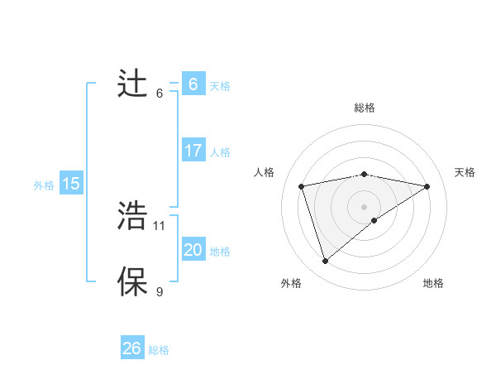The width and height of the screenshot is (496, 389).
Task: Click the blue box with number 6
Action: [193, 84]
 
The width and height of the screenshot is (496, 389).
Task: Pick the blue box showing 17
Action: [193, 151]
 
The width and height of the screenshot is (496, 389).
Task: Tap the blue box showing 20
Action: [193, 250]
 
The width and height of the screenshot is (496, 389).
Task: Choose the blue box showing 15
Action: [71, 184]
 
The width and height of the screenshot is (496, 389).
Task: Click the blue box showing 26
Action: [131, 348]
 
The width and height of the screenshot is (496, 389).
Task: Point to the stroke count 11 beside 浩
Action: [160, 225]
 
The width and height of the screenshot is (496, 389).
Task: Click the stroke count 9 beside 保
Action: [160, 291]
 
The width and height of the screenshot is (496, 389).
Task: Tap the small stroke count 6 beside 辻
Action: [160, 93]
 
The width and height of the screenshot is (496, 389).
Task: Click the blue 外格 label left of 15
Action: [44, 185]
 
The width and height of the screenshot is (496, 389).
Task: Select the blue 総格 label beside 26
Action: [159, 350]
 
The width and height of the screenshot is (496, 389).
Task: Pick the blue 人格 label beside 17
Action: [220, 152]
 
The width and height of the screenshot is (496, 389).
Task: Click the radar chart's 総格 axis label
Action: [364, 108]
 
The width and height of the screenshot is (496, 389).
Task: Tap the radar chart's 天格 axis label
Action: [465, 172]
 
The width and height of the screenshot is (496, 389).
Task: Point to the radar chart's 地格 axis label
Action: [433, 283]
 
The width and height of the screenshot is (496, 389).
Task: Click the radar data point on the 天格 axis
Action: [427, 186]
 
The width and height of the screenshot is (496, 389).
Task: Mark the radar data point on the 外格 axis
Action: [325, 262]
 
